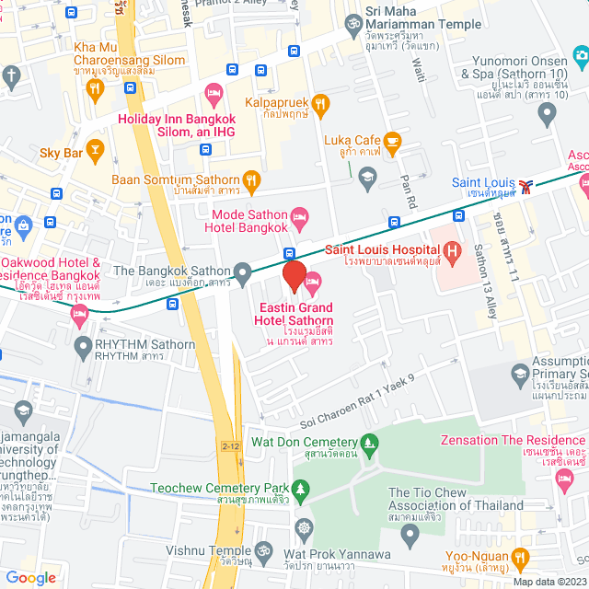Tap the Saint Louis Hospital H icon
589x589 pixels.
pos(451,249)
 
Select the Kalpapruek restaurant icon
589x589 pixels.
pos(320,104)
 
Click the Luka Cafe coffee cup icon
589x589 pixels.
pos(393,141)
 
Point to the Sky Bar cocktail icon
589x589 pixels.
pos(94,149)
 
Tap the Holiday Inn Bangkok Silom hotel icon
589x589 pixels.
pos(214,92)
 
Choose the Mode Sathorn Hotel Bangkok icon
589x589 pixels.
pos(299,219)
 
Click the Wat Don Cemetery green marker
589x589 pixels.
pos(370,443)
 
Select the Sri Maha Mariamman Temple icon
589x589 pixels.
pos(351,22)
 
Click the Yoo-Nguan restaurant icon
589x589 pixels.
pos(521,557)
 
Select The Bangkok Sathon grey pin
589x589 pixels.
pos(242,271)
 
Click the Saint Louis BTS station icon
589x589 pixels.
pos(525,186)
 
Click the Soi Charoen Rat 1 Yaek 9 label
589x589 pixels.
pos(358,400)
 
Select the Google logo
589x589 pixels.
pos(30,577)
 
